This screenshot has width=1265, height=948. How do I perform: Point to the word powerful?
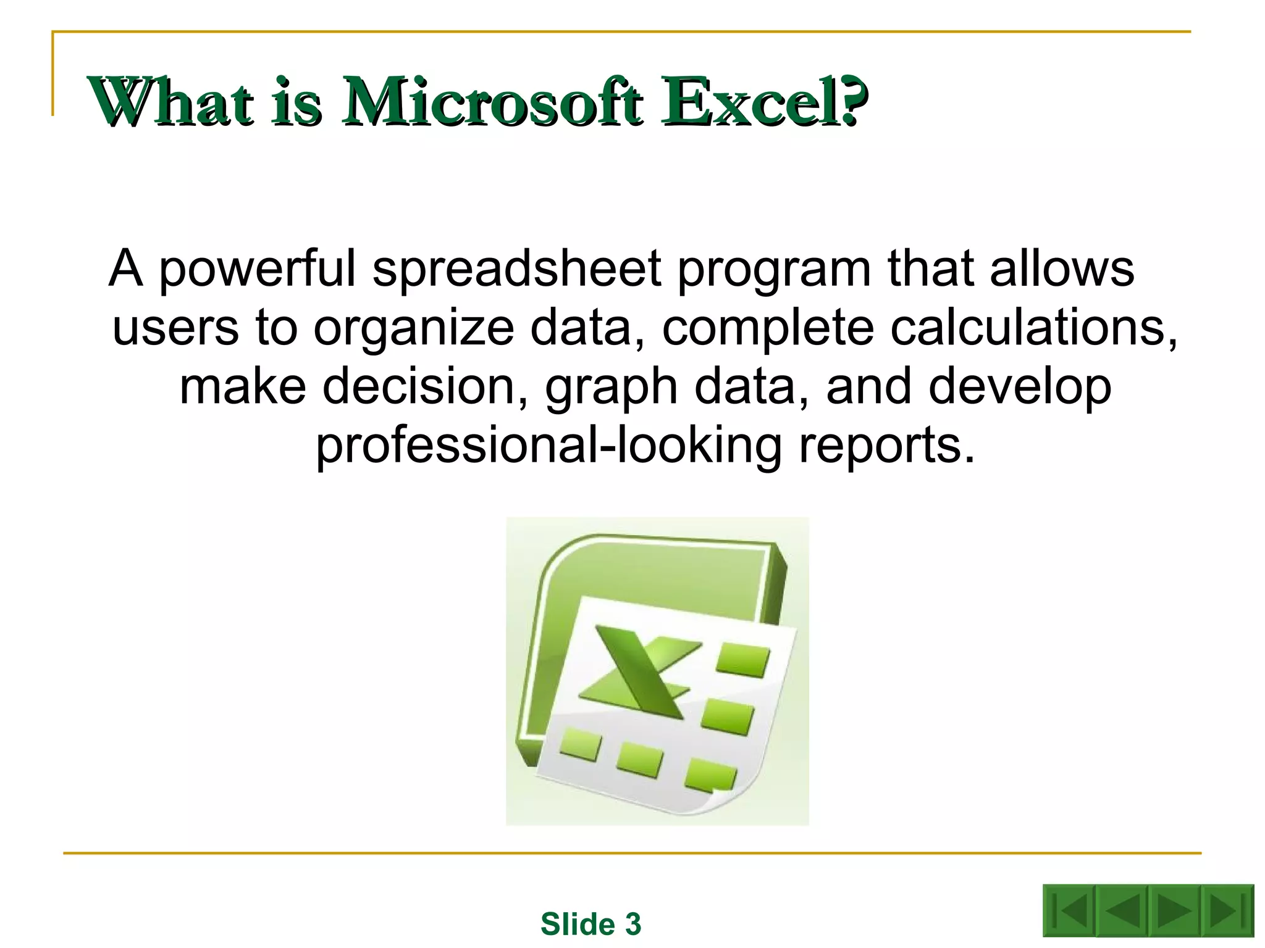tap(258, 270)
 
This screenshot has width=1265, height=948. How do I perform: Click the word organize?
tap(413, 328)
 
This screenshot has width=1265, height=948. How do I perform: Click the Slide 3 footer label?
tap(590, 924)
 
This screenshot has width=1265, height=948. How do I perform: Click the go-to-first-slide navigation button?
tap(1069, 911)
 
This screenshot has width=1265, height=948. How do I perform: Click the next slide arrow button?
tap(1173, 911)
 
